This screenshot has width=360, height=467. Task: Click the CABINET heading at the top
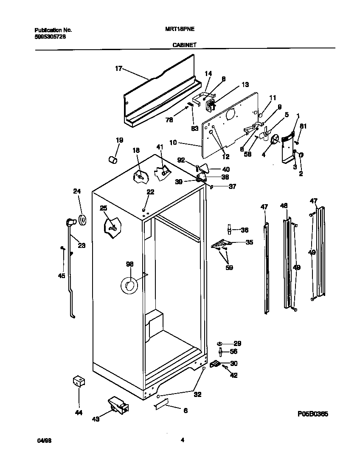tap(184, 44)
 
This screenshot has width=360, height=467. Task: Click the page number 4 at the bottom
tap(182, 440)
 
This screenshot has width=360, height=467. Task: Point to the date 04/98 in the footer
tap(40, 441)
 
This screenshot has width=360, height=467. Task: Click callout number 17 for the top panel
tap(118, 68)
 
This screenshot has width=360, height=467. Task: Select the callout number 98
tap(129, 264)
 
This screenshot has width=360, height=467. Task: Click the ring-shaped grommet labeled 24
tap(82, 219)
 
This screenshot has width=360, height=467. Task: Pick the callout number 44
tap(78, 412)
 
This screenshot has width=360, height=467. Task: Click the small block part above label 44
tap(77, 381)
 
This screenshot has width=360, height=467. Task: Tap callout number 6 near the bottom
tap(185, 411)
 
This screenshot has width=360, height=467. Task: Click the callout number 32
tap(197, 394)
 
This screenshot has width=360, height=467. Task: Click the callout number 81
tap(303, 126)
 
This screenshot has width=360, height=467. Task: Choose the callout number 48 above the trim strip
tap(284, 206)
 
